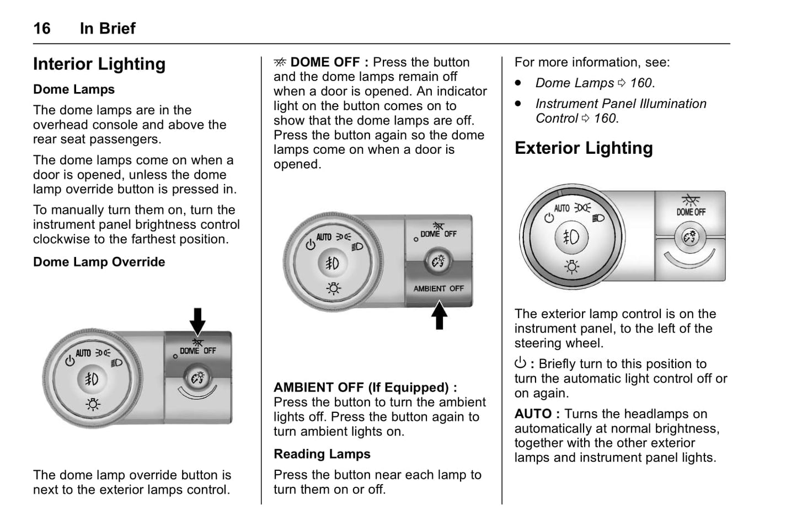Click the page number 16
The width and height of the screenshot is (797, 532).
coord(42,29)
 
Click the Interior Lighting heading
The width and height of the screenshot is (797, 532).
coord(99,64)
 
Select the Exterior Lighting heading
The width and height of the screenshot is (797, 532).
coord(584,148)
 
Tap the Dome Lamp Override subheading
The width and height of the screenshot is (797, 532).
coord(99,262)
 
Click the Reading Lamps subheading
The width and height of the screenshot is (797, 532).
coord(322,454)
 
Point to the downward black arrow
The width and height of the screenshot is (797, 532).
coord(197,321)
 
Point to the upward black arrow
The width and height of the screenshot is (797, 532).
coord(439,315)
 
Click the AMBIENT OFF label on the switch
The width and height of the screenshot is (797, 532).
coord(438,288)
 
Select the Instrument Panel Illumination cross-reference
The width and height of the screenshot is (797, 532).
coord(621,111)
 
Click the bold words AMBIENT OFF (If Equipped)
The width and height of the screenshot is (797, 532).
coord(365,387)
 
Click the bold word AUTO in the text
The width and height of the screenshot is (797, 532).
coord(533,414)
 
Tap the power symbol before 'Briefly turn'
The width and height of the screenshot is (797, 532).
coord(520,363)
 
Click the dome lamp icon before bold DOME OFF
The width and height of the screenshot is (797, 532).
coord(280,62)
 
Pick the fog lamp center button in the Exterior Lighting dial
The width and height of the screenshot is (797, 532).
coord(571,237)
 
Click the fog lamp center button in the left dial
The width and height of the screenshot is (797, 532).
coord(92,379)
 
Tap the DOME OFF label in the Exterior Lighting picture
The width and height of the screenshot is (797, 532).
coord(691,212)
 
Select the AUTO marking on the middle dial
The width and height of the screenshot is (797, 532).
coord(324,237)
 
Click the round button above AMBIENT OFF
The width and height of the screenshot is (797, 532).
coord(438,262)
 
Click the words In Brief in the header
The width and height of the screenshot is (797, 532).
coord(108,29)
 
